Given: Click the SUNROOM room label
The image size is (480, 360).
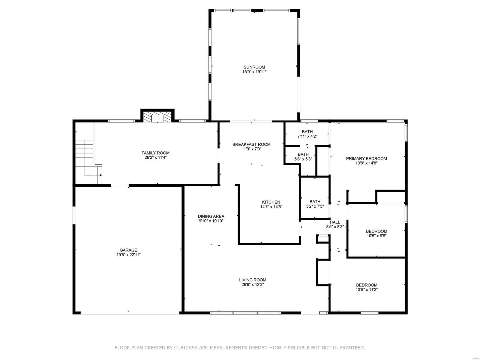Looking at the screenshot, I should pyautogui.click(x=254, y=67).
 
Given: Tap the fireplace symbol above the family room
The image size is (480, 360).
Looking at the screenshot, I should pyautogui.click(x=157, y=117).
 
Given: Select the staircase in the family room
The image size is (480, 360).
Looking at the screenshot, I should pyautogui.click(x=88, y=162).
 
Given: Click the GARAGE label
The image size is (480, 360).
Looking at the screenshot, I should pyautogui.click(x=128, y=250).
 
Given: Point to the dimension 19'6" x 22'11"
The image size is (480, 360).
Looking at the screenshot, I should pyautogui.click(x=128, y=255).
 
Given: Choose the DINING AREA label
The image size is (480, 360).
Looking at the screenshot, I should pyautogui.click(x=211, y=216).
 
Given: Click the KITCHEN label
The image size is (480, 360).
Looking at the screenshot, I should pyautogui.click(x=271, y=202).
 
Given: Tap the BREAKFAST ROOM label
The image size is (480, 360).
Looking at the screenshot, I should pyautogui.click(x=251, y=144).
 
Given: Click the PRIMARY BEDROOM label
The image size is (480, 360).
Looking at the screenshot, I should pyautogui.click(x=366, y=158).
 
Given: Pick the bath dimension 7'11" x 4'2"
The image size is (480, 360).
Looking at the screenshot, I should pyautogui.click(x=307, y=136).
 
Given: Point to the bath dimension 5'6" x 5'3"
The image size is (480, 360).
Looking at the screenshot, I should pyautogui.click(x=303, y=159).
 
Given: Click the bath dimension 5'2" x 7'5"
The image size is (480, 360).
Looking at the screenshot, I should pyautogui.click(x=315, y=206).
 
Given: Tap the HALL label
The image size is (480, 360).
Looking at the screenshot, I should pyautogui.click(x=335, y=222).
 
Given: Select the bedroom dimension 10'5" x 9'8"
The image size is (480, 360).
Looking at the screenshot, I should pyautogui.click(x=376, y=236).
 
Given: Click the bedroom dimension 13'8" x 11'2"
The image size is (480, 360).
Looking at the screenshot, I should pyautogui.click(x=367, y=289).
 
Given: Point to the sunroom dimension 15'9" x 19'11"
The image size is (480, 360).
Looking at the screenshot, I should pyautogui.click(x=254, y=72).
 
